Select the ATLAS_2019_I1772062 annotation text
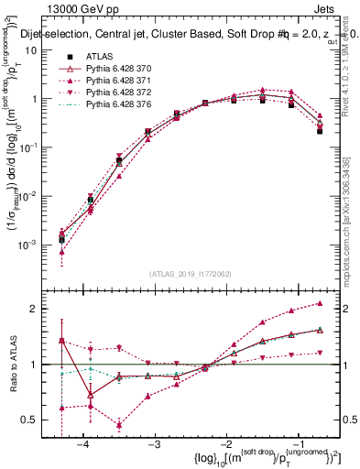[x=191, y=274]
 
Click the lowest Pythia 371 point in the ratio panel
[x=119, y=424]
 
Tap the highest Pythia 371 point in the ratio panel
[x=320, y=303]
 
